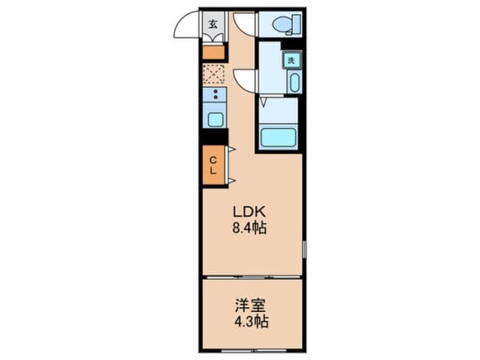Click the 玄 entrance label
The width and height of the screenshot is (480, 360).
pos(213,24)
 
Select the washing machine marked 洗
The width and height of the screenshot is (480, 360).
pos(292,60)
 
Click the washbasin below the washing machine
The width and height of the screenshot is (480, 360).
pos(294,82)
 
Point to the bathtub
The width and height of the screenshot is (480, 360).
pos(278,137)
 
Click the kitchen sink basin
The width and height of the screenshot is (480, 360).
pos(215,120)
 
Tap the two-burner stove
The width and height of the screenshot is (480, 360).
pos(215,94)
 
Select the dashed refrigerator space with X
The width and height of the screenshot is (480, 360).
pos(214,74)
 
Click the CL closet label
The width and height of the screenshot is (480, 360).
pos(214,166)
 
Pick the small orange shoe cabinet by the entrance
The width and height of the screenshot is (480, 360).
pos(214,53)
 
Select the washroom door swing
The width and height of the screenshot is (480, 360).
pos(243,80)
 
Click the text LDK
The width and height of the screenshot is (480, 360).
pos(249,211)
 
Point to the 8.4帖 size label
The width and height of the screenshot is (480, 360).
pos(249,228)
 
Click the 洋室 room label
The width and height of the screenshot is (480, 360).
pos(250,306)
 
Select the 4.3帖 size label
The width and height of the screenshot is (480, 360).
pos(251,322)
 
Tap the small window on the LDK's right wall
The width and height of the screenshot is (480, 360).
pos(304,249)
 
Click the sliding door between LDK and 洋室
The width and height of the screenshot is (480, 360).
pos(252,277)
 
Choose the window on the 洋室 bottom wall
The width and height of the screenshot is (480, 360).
pos(254,350)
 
